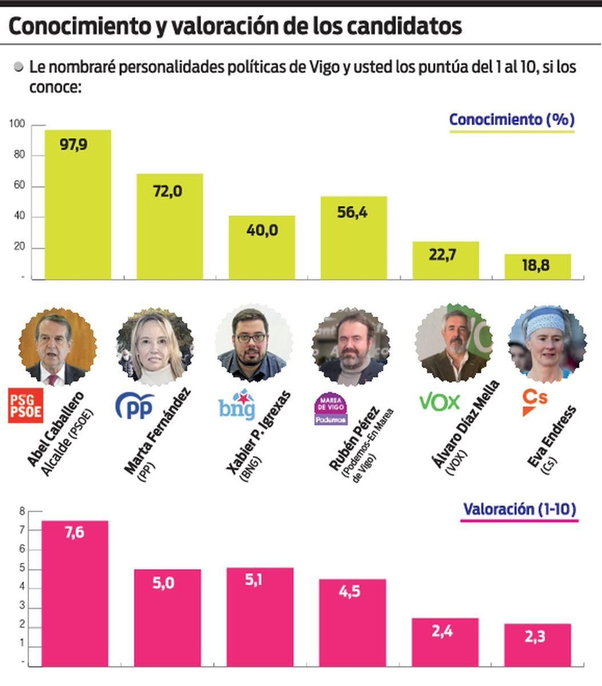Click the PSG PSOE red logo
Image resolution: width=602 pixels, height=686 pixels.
tap(26, 406)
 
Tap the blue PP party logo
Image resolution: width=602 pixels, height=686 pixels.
tap(134, 406)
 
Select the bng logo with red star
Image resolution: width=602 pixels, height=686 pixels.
tap(237, 405)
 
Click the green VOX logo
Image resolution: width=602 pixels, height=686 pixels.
tap(439, 402)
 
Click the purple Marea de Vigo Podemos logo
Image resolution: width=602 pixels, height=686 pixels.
tap(331, 409)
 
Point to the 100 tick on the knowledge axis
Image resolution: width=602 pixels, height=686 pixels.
tap(17, 123)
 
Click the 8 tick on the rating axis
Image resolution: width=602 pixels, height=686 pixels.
tap(22, 511)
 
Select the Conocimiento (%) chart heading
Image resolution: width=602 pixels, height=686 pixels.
tap(512, 120)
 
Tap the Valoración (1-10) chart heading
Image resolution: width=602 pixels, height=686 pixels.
tap(519, 509)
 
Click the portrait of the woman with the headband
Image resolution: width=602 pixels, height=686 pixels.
tap(547, 343)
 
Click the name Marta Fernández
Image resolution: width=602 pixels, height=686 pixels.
tap(157, 431)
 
